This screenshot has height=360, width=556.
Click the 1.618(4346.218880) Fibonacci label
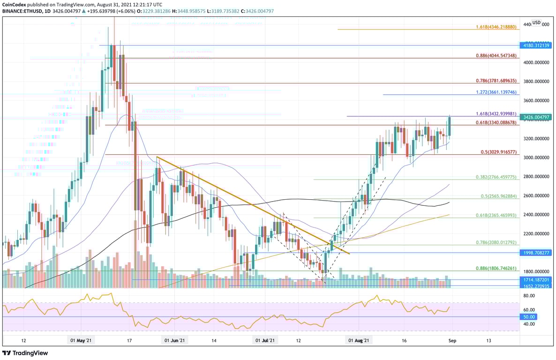click(496, 28)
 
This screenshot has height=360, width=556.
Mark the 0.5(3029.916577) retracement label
click(498, 152)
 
